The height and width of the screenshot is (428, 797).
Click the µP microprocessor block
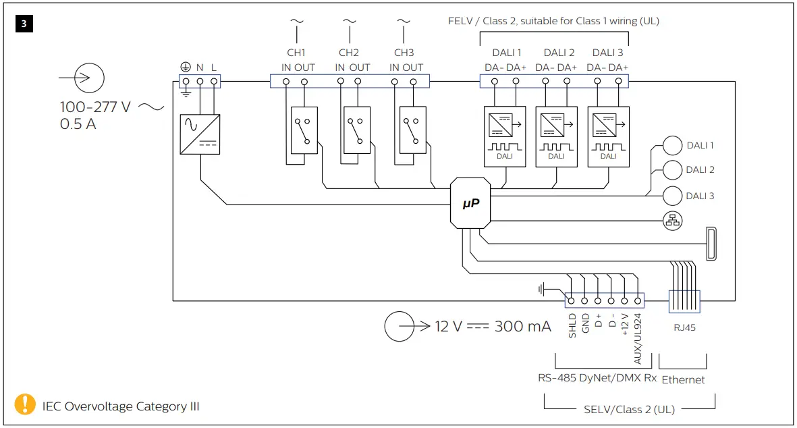[470, 203]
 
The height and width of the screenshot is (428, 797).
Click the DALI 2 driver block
[556, 136]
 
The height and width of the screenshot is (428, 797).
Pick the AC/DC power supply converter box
[200, 133]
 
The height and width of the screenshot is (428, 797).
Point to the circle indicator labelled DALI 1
[673, 145]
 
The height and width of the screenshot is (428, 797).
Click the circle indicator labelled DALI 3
[673, 196]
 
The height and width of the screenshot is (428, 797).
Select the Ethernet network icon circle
[673, 220]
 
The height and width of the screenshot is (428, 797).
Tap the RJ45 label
[684, 328]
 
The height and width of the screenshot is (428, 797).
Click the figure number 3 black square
[24, 24]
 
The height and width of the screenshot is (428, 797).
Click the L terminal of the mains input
[214, 82]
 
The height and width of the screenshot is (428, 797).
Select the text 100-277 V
[95, 107]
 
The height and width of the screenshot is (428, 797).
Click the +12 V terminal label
[625, 324]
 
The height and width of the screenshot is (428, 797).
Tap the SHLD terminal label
[572, 325]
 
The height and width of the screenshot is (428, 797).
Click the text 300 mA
[522, 327]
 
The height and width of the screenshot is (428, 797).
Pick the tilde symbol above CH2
[349, 21]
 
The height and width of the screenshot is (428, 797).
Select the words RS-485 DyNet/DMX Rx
[597, 378]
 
